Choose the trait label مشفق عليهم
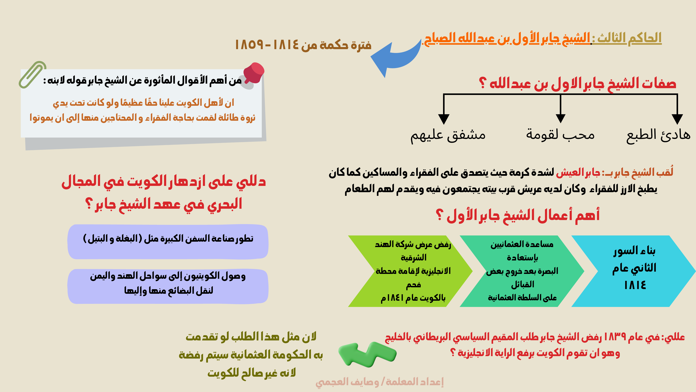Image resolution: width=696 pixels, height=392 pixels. (448, 135)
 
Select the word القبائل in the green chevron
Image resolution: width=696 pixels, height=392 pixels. (523, 284)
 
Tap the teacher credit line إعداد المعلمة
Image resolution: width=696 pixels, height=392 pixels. (380, 382)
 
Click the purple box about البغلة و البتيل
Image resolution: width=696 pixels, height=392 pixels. (168, 242)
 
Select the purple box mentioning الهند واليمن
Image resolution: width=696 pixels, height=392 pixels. (168, 286)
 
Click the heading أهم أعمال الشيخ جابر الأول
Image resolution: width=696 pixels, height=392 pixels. (518, 216)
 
